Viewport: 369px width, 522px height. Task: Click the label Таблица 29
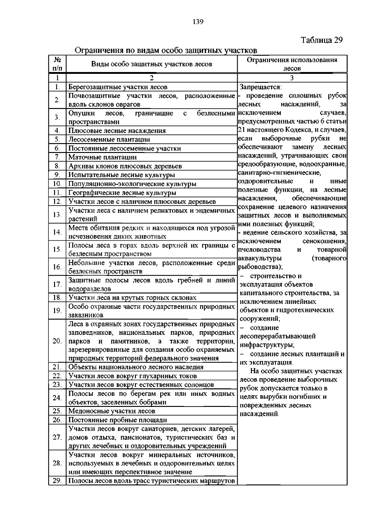coord(322,40)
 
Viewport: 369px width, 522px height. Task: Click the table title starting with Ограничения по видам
coord(166,50)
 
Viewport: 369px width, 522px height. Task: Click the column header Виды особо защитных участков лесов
coord(152,64)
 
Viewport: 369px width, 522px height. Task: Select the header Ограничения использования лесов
coord(292,64)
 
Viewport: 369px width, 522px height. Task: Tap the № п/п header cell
coord(57,64)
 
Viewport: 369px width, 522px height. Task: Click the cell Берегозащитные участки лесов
coord(118,87)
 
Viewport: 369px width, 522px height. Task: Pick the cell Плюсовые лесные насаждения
coord(117,131)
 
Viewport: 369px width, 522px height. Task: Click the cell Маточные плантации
coord(103,157)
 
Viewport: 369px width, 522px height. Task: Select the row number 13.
coord(57,215)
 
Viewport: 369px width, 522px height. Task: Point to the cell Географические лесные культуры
coord(122,193)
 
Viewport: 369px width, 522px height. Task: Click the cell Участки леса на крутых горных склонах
coord(133,298)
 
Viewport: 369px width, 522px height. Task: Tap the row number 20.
coord(57,341)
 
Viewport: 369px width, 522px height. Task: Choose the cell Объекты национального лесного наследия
coord(136,367)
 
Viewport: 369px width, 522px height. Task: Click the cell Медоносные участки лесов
coord(112,411)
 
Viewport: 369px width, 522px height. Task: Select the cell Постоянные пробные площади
coord(118,420)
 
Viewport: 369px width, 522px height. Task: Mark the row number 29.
coord(57,481)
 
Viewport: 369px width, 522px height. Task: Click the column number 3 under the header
coord(292,78)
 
